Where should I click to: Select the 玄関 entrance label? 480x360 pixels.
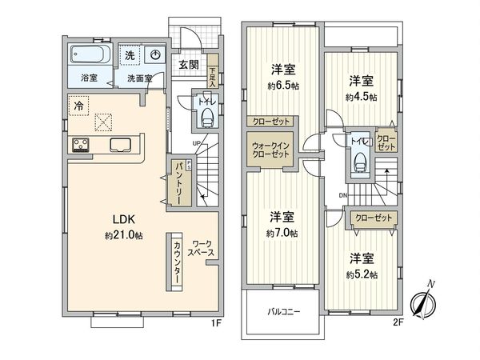(189, 65)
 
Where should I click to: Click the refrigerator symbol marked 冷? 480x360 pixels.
(78, 104)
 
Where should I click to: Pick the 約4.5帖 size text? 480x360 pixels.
(362, 96)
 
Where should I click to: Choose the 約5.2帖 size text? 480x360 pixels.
(362, 274)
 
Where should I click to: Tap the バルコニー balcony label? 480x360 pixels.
(283, 312)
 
